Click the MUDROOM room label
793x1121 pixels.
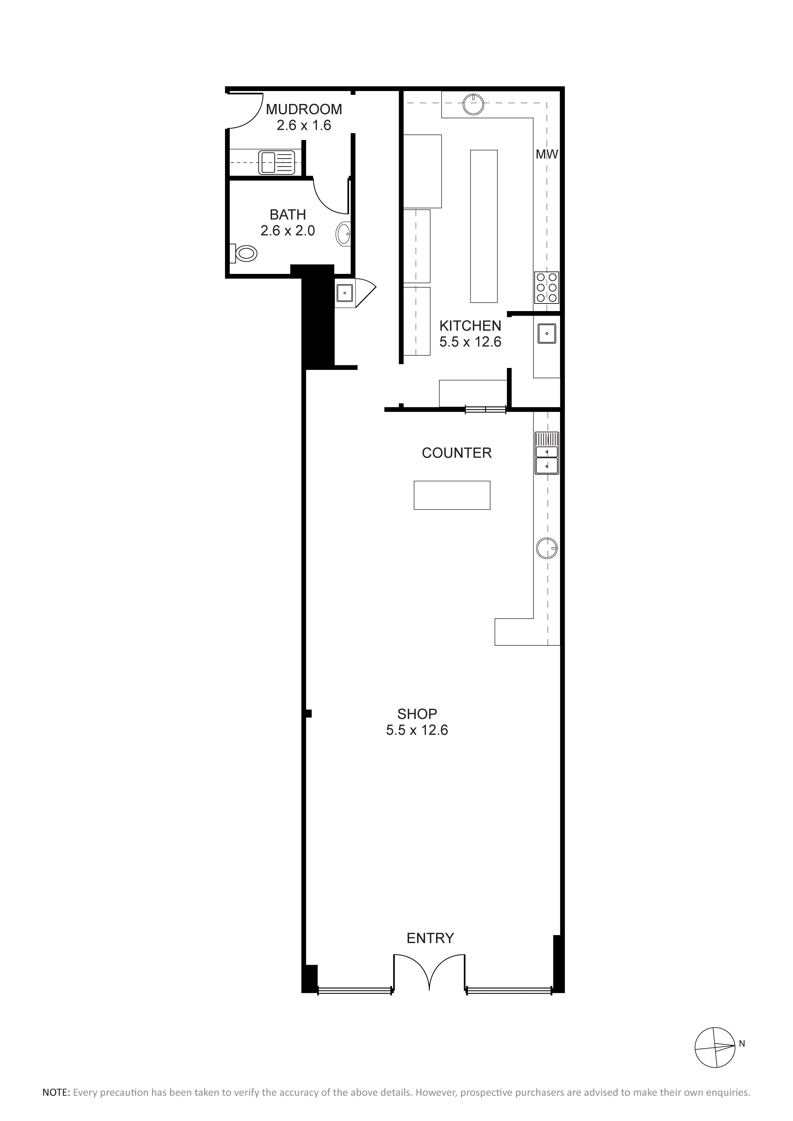pos(304,109)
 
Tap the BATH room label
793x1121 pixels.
pos(288,214)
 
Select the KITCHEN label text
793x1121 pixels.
pos(470,325)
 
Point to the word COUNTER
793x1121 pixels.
pos(456,453)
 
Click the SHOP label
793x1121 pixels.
pos(417,714)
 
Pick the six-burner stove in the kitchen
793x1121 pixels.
pos(547,288)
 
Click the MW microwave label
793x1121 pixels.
pos(547,154)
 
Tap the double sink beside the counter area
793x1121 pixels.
pos(547,453)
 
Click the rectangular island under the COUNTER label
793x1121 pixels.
pos(452,495)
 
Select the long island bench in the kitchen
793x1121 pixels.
pos(483,226)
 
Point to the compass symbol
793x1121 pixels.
pos(715,1046)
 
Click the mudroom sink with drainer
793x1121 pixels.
pos(277,162)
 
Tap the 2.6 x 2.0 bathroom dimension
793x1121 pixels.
pos(288,230)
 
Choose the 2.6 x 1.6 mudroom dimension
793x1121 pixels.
pos(304,126)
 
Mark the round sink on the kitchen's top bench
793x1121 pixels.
pos(474,104)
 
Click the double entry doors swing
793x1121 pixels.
pos(429,972)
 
